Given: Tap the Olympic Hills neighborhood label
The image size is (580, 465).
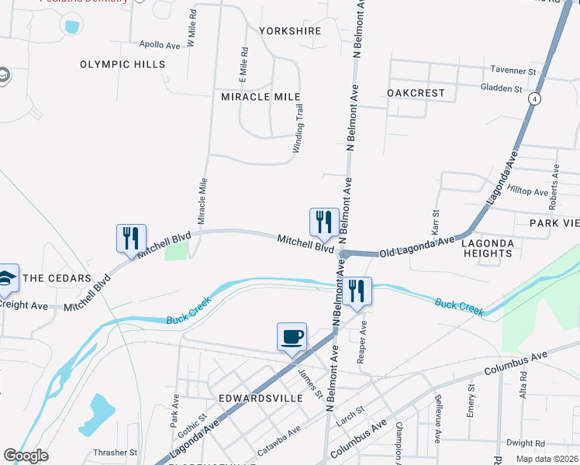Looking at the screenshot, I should tap(123, 64).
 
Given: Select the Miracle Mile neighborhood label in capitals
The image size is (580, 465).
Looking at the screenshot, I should tap(261, 97).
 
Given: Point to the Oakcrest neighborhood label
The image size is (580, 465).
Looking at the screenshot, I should tap(416, 93).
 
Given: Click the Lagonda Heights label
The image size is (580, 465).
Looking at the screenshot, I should tap(488, 248).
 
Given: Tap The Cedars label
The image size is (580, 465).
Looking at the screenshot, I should tap(57, 277).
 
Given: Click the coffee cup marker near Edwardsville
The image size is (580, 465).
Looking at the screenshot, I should tap(292, 338).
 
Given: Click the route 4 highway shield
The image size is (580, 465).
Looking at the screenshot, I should tap(535, 99).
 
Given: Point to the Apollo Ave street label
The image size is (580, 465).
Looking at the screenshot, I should tap(160, 45).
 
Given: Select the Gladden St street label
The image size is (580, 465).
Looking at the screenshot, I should tap(501, 89).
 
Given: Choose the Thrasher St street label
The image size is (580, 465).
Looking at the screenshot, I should tap(115, 452).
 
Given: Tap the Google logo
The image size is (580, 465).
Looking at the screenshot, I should tap(26, 456).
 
